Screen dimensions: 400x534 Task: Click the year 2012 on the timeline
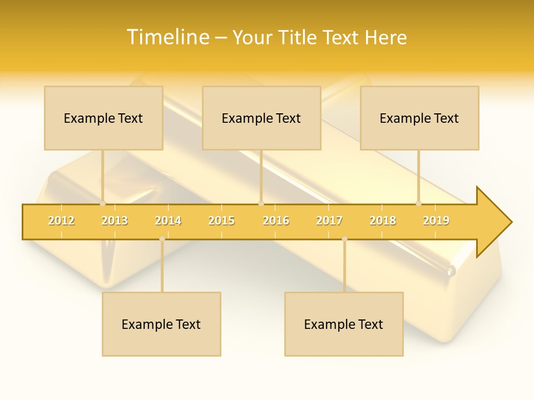point(61,221)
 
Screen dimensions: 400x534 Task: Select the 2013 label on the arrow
point(115,221)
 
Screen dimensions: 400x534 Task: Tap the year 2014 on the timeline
point(168,221)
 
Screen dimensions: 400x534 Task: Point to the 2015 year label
point(221,221)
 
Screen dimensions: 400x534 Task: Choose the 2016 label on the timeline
point(276,221)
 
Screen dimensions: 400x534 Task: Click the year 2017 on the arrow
point(329,221)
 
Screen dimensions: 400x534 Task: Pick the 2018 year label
point(383,221)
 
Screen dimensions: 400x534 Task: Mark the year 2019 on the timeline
point(436,221)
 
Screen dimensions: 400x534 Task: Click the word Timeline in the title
point(167,37)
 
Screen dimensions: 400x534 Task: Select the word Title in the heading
point(298,37)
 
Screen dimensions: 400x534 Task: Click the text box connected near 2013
point(103,118)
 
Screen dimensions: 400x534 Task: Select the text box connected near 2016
point(261,118)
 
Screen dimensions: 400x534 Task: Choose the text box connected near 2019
point(419,118)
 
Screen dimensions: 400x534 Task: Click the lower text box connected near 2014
point(161,324)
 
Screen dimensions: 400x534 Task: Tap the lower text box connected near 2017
point(344,324)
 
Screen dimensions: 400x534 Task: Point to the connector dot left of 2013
point(102,203)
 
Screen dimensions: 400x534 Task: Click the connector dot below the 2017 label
point(344,239)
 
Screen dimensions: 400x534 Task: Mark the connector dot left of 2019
point(418,203)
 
